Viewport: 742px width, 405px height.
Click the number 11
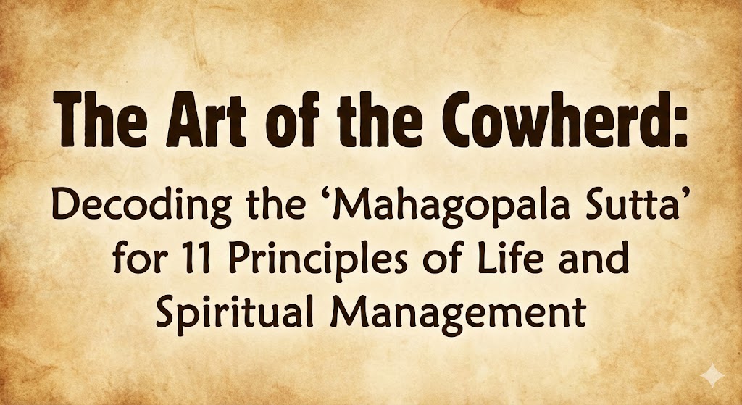(199, 259)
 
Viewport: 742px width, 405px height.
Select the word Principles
(320, 261)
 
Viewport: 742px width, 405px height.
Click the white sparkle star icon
(712, 376)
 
